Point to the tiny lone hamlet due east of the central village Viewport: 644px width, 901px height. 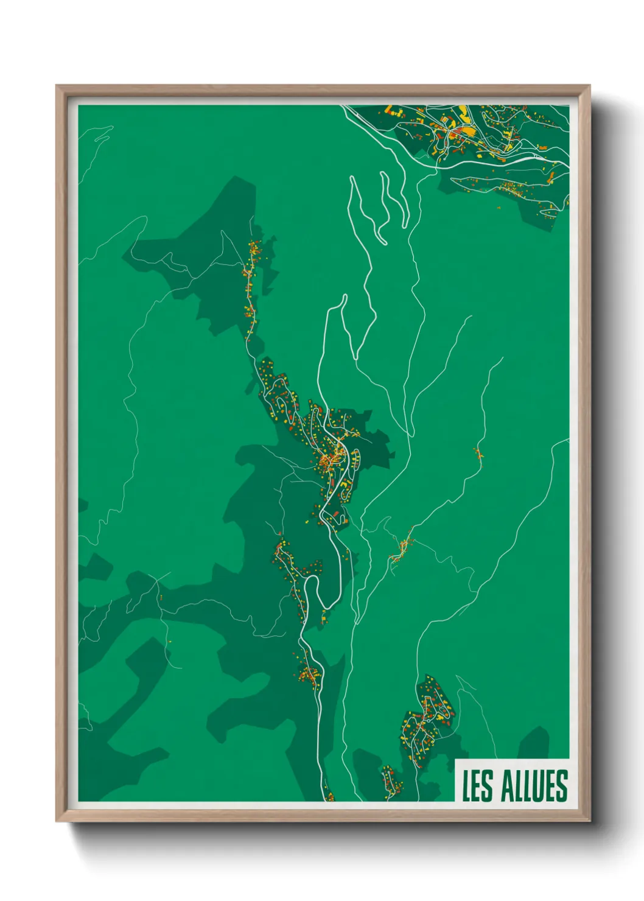[x=478, y=454]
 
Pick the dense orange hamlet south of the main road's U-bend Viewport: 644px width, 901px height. [x=309, y=675]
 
